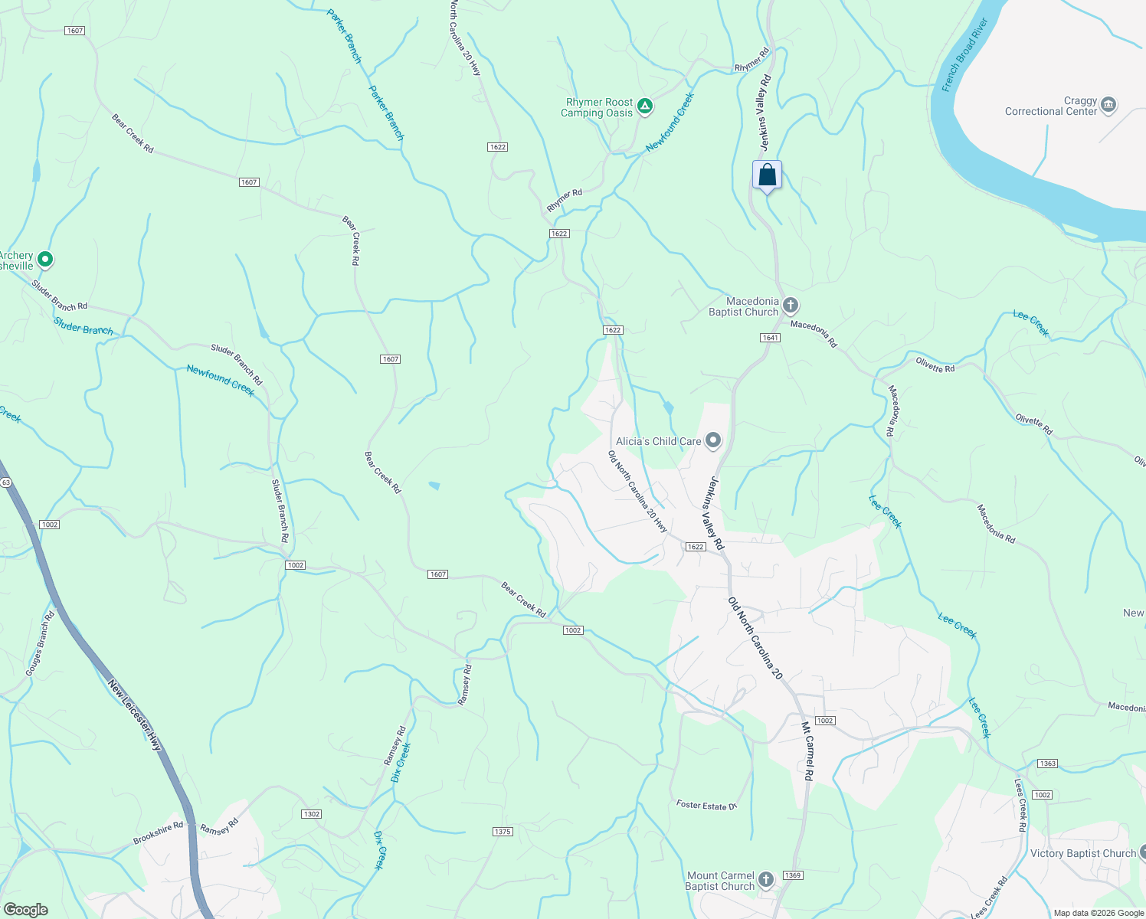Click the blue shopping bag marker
767,175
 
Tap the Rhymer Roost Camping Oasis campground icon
645,106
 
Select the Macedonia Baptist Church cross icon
791,306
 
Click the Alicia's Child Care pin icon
713,440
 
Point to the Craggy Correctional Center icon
1108,105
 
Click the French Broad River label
964,55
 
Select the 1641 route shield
770,338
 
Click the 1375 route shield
502,832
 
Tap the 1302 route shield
311,814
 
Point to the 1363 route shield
1047,764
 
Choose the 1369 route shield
793,875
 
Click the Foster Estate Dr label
706,805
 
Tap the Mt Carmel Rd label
807,751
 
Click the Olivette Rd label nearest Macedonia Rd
935,365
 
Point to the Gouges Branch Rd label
41,644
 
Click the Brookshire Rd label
159,833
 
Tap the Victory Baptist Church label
1083,853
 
